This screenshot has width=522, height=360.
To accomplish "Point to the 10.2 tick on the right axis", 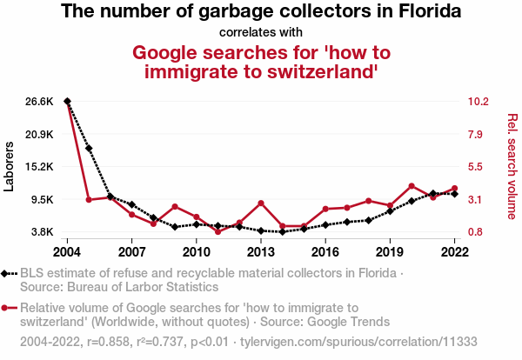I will point(478,102).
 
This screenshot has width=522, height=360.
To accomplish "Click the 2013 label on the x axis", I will point(261,252).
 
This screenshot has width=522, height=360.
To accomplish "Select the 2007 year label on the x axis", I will point(131,252).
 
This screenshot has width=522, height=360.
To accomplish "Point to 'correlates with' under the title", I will point(260,31).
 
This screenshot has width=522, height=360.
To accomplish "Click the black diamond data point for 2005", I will point(89,149).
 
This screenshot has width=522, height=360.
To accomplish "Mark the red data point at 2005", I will point(89,200).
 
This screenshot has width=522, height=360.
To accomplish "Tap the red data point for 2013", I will point(261,203).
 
